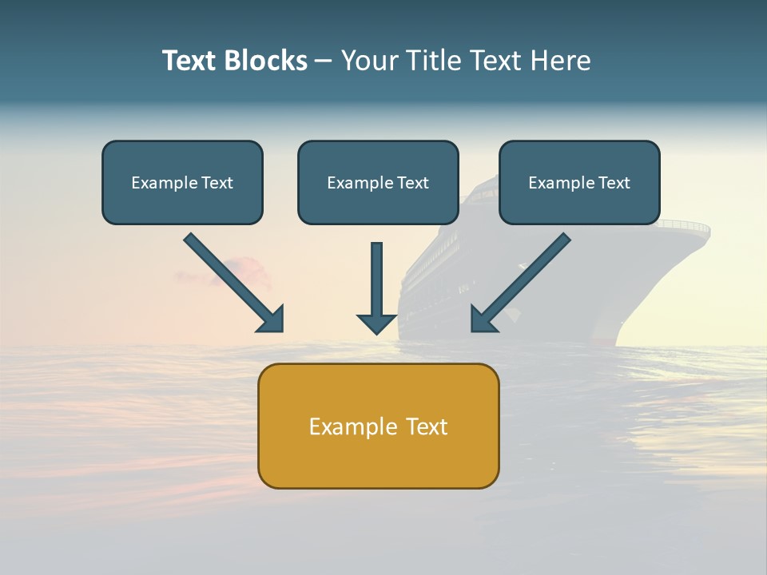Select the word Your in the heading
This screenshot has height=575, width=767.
(x=370, y=61)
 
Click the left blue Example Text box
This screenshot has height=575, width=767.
(x=182, y=182)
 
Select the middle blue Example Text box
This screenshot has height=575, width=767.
(x=378, y=182)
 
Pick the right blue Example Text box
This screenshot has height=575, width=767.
(x=579, y=182)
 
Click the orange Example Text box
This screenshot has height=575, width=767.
(x=378, y=426)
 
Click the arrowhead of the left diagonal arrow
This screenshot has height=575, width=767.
(x=271, y=319)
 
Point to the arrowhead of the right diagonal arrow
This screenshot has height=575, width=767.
(x=483, y=319)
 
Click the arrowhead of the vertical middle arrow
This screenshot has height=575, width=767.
(x=376, y=323)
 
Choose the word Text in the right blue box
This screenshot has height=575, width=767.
(x=614, y=183)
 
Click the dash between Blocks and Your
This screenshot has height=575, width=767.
(x=324, y=61)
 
